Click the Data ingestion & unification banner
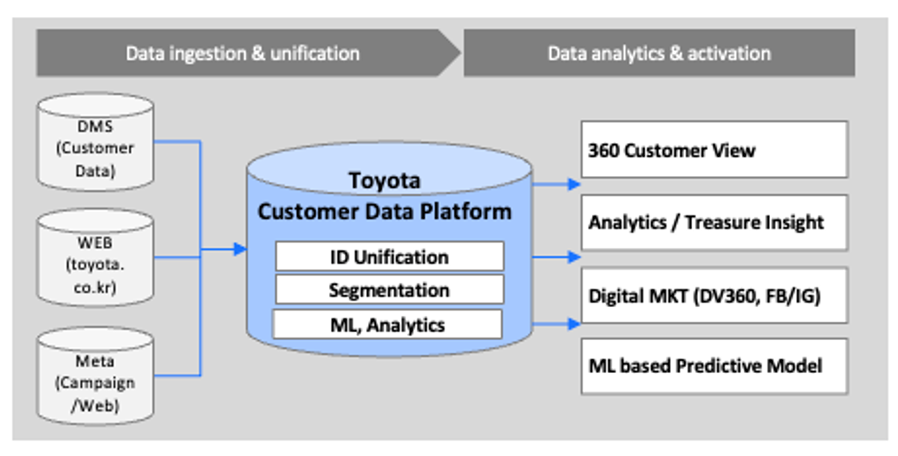point(243,53)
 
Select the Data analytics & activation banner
point(658,53)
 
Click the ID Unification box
point(389,257)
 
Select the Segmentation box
point(389,290)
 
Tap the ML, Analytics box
point(387,325)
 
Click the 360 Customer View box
point(714,150)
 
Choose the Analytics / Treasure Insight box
point(714,222)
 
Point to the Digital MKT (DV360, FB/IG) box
point(714,296)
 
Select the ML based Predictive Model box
point(714,366)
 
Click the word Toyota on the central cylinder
point(385,180)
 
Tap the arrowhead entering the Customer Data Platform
point(240,249)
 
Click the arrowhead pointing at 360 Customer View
point(574,185)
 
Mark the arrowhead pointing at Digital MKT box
point(574,325)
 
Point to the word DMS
point(95,127)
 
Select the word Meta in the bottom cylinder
point(95,362)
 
